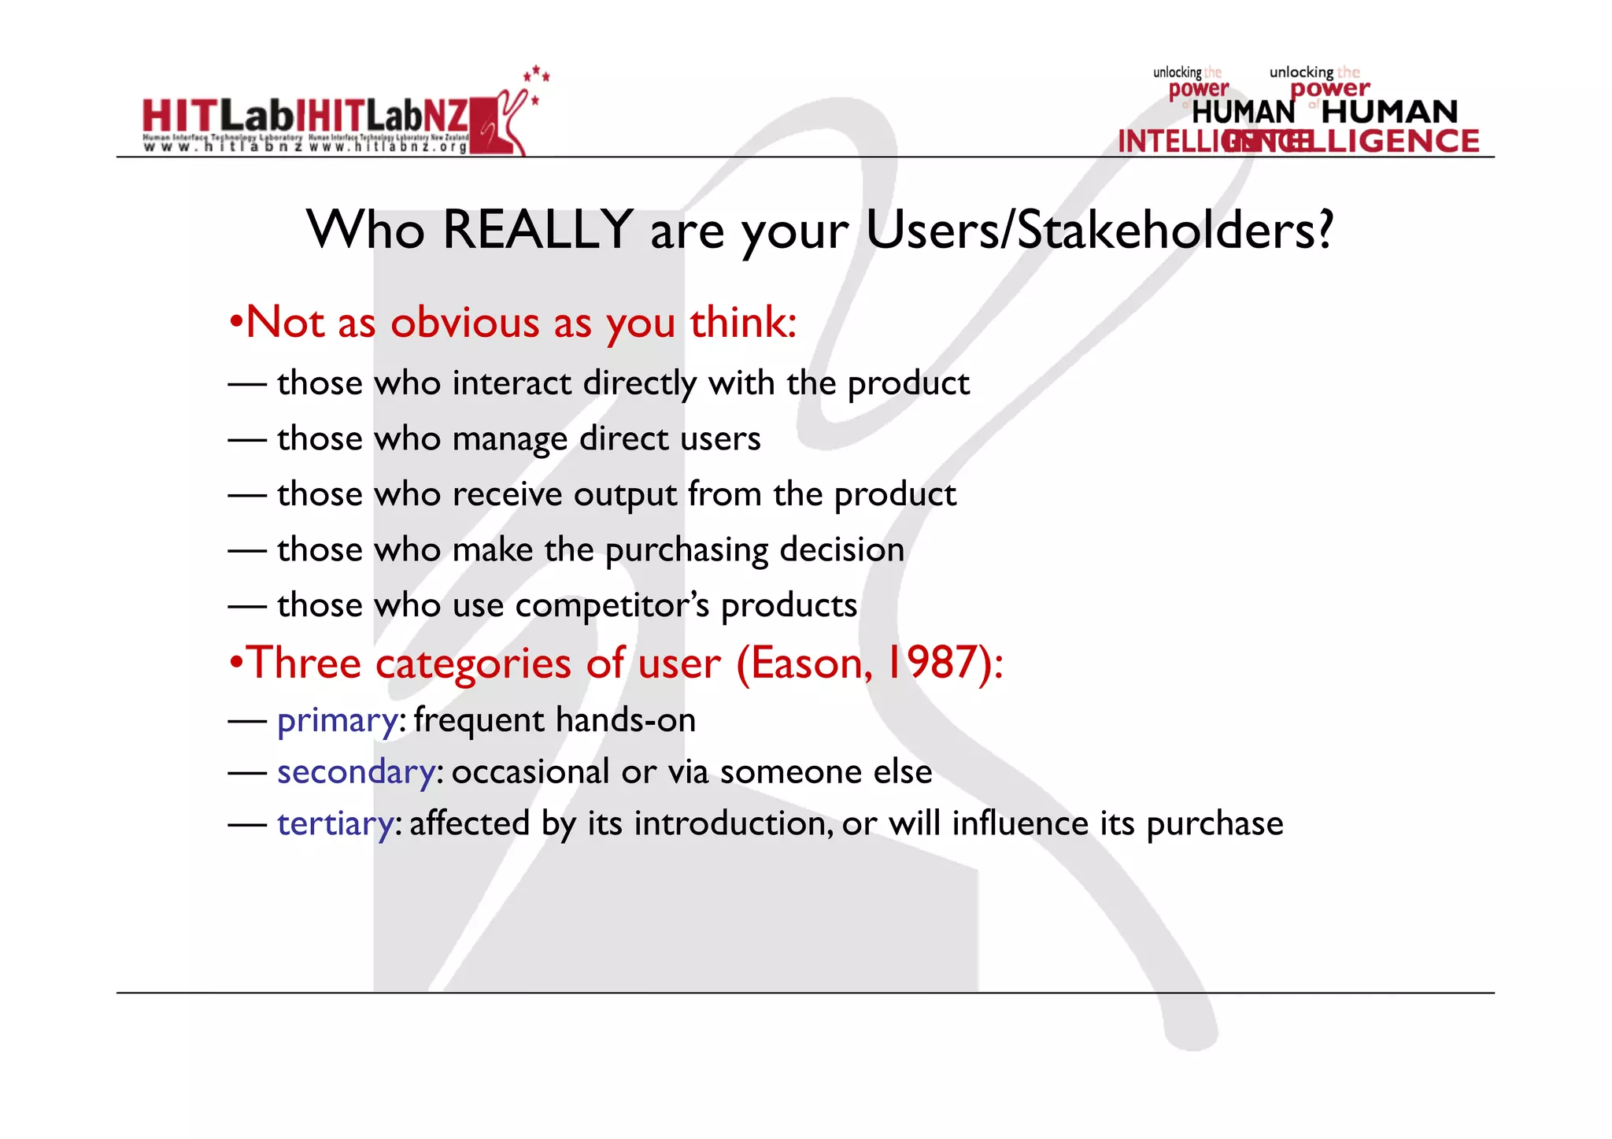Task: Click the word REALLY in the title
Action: tap(538, 230)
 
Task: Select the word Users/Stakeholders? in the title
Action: tap(1100, 230)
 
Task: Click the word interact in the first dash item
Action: tap(512, 383)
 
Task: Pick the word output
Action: tap(625, 495)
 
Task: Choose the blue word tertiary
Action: tap(335, 824)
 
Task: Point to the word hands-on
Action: tap(626, 720)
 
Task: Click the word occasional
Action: tap(531, 772)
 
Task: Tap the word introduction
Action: tap(733, 824)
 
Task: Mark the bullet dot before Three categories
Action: tap(235, 664)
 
